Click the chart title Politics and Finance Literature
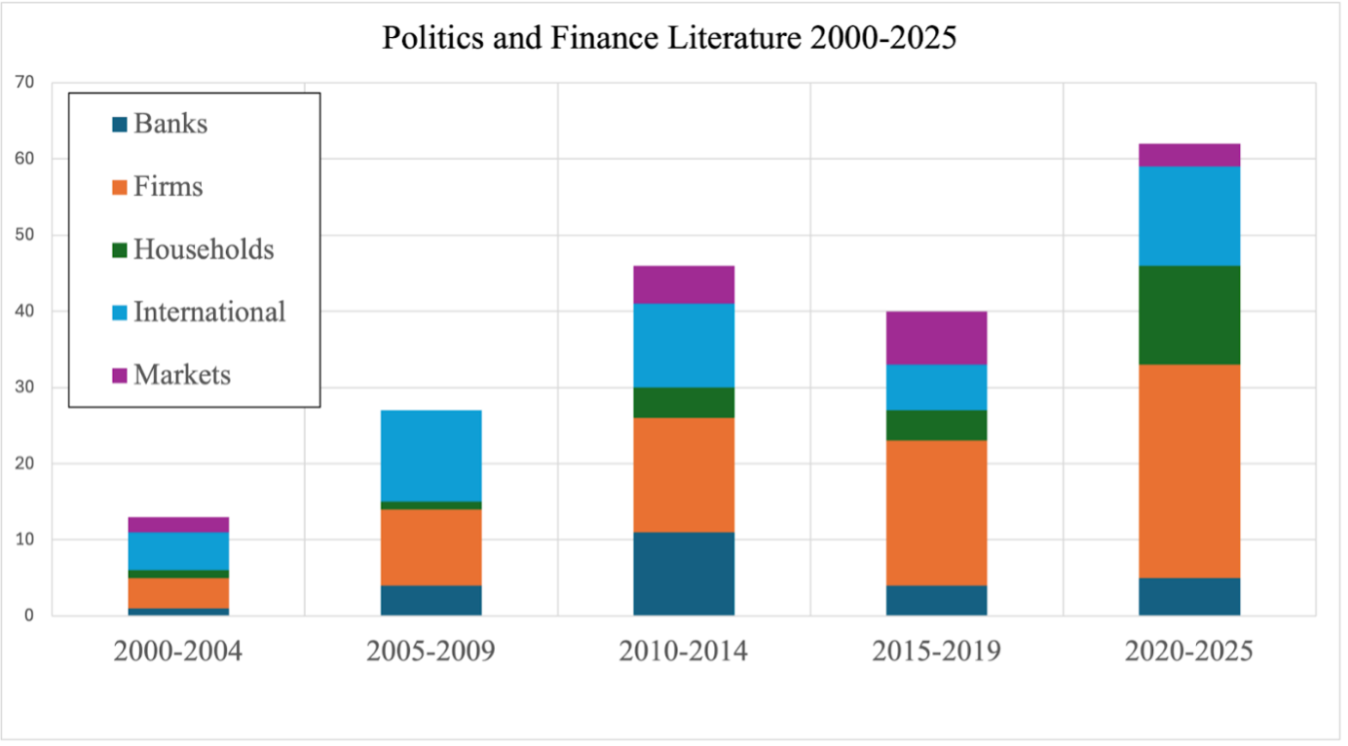pyautogui.click(x=669, y=38)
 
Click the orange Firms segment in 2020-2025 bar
pyautogui.click(x=1189, y=471)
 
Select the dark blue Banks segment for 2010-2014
pyautogui.click(x=684, y=574)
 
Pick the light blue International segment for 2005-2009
pyautogui.click(x=431, y=456)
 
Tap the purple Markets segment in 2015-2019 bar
pyautogui.click(x=936, y=338)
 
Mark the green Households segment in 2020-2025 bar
pyautogui.click(x=1189, y=315)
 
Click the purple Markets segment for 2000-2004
pyautogui.click(x=178, y=525)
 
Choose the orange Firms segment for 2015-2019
pyautogui.click(x=936, y=513)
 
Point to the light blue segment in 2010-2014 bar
pyautogui.click(x=684, y=346)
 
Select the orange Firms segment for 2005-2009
pyautogui.click(x=431, y=547)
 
